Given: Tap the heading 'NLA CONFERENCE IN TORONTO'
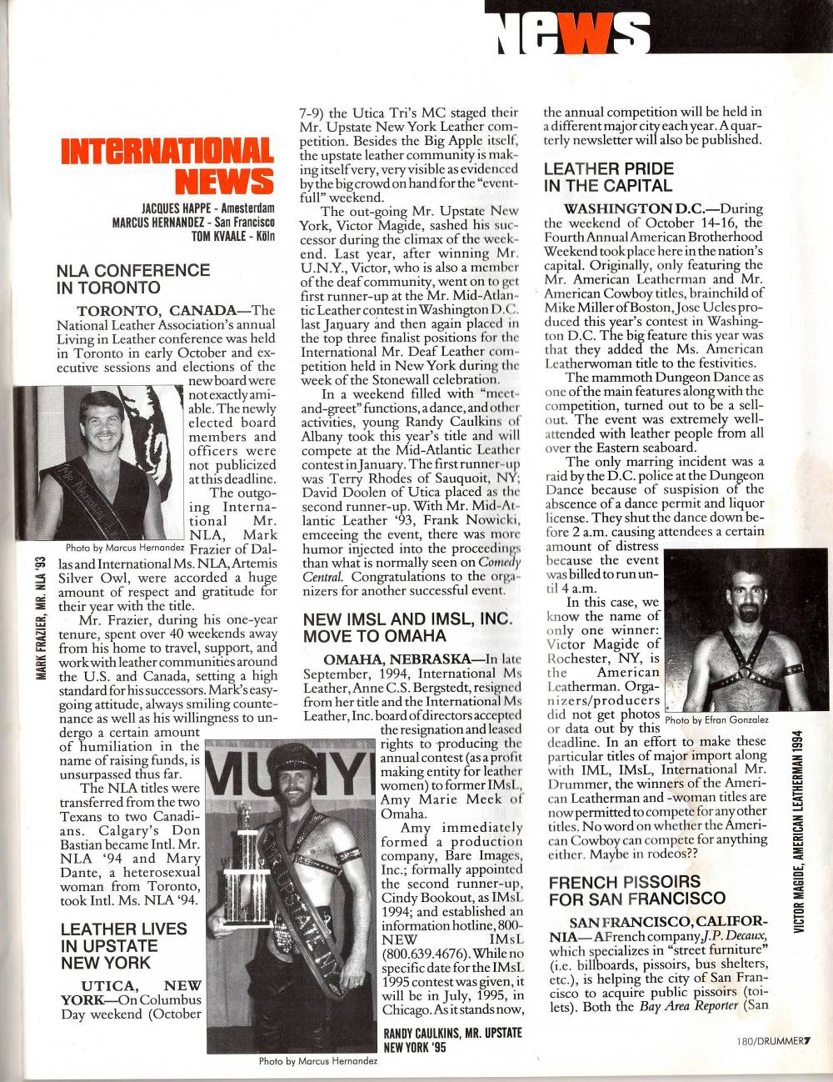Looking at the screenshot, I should click(132, 278).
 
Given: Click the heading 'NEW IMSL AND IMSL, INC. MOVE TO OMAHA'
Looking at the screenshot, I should click(407, 627).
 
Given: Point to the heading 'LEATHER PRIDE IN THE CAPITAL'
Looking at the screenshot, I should click(609, 177).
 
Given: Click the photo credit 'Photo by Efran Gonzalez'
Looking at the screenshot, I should click(717, 719).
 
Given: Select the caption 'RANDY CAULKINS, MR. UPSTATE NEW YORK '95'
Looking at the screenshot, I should click(451, 1039).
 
